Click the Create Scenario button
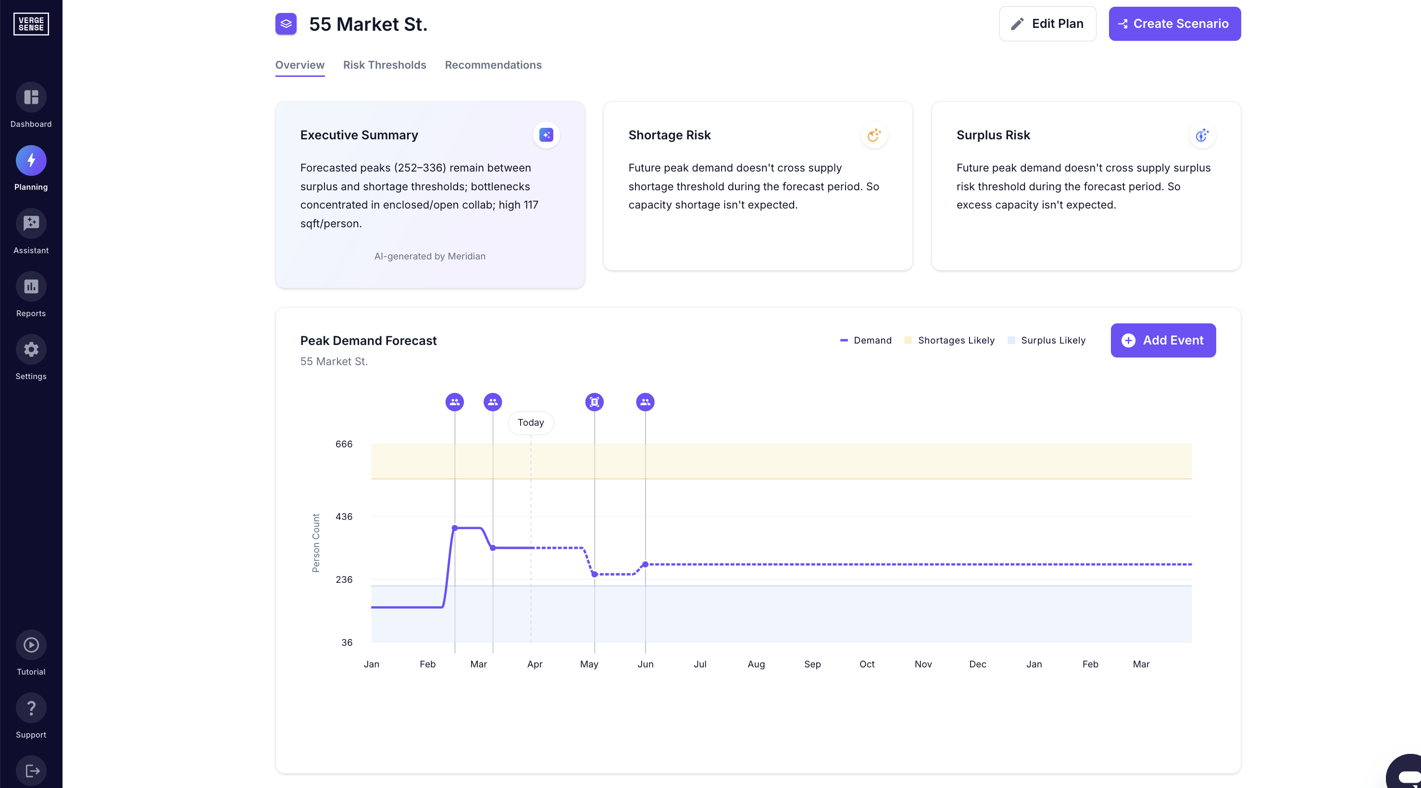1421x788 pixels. [x=1174, y=24]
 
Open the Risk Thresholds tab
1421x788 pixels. [x=385, y=65]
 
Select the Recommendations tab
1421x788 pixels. [x=493, y=65]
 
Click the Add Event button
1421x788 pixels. [x=1163, y=340]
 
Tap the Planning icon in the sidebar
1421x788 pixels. [x=31, y=160]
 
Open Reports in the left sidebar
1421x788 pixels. [x=31, y=287]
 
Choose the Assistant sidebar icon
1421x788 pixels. [x=31, y=223]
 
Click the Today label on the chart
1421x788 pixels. [x=531, y=422]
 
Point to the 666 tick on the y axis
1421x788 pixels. [x=344, y=444]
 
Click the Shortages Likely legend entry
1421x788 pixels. [x=949, y=340]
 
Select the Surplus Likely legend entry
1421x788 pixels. [x=1047, y=340]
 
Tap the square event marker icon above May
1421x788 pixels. [x=594, y=402]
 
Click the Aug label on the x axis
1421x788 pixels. [x=756, y=664]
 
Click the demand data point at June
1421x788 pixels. [x=645, y=564]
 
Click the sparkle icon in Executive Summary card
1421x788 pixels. [x=546, y=135]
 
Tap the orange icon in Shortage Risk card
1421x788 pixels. [x=874, y=135]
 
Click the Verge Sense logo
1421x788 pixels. [x=31, y=24]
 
